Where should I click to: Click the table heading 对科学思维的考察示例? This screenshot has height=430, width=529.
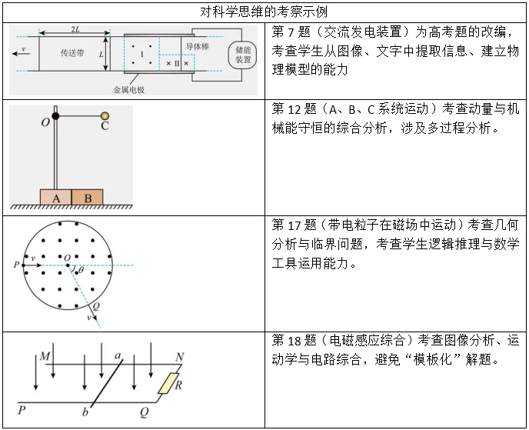(263, 12)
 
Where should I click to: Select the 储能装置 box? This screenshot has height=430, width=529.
(243, 55)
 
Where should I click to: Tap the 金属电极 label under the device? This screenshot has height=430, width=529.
(128, 89)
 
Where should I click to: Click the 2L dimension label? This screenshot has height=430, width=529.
(75, 29)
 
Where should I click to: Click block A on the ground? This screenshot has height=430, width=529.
(55, 198)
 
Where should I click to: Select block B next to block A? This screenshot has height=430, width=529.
(88, 198)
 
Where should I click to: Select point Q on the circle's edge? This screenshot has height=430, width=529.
(96, 305)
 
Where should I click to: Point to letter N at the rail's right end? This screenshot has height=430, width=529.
(179, 356)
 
